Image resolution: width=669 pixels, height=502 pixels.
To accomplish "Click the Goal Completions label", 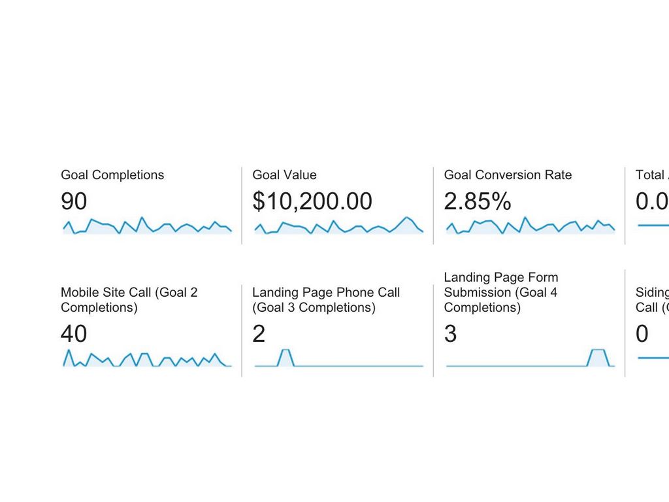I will tap(112, 175).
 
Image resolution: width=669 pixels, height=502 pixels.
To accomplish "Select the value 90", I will tap(74, 202).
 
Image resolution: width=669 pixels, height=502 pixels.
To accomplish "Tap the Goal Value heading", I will tap(284, 175).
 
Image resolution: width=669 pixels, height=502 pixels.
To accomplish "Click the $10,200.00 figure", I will tap(312, 202).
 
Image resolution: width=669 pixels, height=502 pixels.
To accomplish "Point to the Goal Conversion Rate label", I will tap(508, 175).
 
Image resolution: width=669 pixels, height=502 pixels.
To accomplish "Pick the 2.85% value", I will tap(478, 202).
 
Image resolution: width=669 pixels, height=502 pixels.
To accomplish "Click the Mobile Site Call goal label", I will tap(129, 300).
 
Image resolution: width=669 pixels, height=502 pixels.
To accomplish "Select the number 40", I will tap(74, 334).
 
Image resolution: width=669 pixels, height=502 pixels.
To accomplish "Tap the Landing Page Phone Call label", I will tap(326, 300).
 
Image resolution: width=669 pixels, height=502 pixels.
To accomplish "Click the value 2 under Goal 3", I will tap(259, 334).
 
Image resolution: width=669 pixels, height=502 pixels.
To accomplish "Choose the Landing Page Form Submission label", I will tap(500, 292).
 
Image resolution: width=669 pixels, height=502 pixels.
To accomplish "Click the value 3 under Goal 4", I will tap(450, 334).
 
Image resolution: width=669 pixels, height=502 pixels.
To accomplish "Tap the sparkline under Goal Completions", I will tap(147, 226).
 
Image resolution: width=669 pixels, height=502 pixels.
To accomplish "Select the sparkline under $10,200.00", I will tap(338, 226).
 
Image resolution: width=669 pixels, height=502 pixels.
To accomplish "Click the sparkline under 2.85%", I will tap(530, 226).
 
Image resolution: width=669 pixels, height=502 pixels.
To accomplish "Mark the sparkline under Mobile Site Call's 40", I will tap(147, 359).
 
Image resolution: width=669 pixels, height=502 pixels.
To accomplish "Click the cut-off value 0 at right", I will tap(642, 334).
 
